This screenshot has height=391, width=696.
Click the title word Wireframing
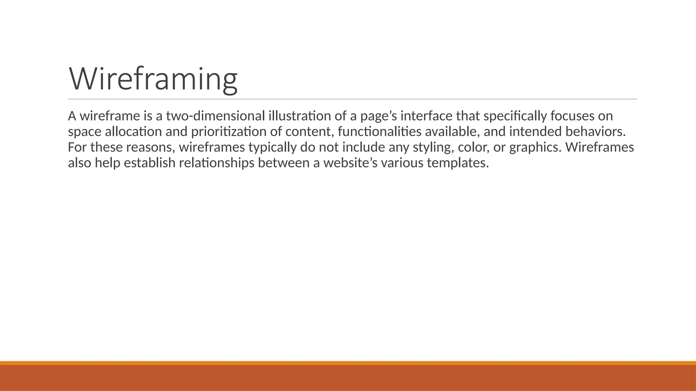pos(153,79)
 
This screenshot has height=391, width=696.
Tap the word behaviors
pos(595,132)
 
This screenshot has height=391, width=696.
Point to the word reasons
pos(150,147)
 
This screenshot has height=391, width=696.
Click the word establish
pos(150,163)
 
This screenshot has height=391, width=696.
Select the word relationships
pos(216,163)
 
